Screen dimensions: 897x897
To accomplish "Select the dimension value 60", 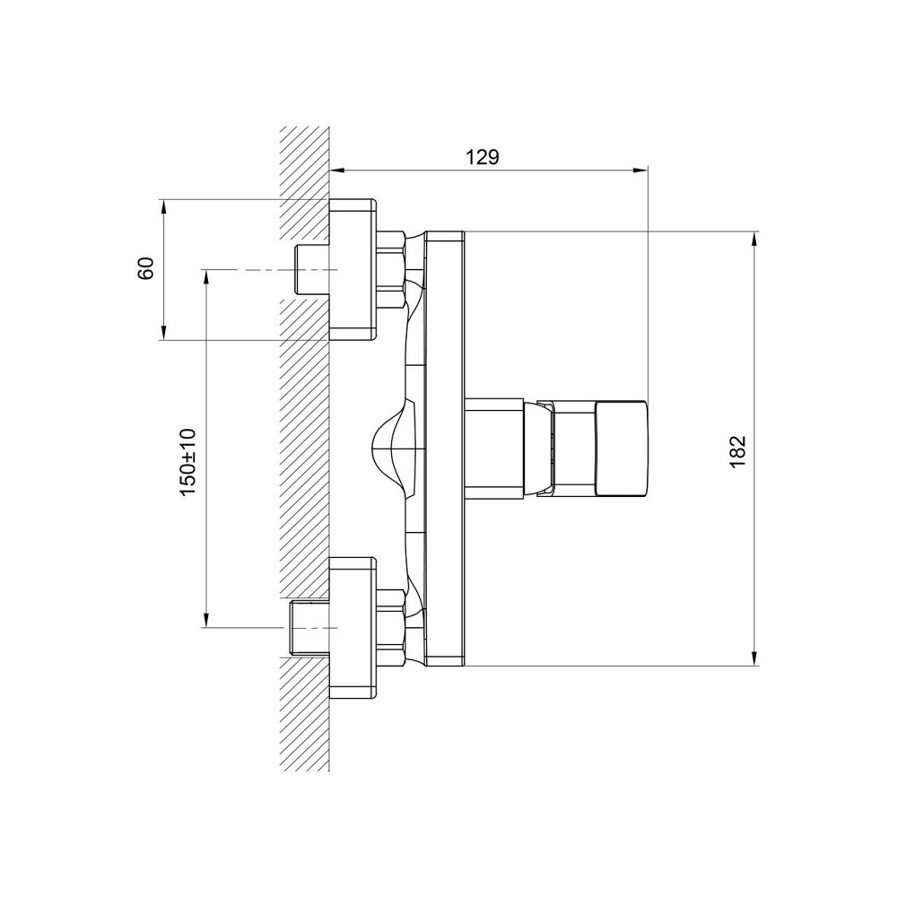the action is click(x=146, y=267).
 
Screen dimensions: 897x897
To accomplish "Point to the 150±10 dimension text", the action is click(x=187, y=462).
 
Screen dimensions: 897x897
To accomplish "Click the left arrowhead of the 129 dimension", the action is click(x=338, y=170).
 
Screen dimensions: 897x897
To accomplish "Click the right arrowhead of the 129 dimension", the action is click(x=640, y=170).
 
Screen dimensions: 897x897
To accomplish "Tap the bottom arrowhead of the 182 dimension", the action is click(x=754, y=658).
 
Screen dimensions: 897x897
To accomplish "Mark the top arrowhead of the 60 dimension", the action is click(x=163, y=206).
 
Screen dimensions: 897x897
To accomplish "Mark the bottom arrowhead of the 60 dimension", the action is click(x=163, y=333).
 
